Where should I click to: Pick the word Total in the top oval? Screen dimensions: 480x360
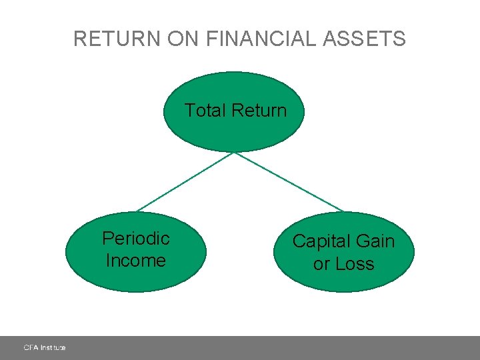click(204, 111)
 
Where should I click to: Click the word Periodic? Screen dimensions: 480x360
click(136, 239)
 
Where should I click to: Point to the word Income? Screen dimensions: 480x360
click(135, 261)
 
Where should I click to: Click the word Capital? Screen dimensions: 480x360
click(322, 241)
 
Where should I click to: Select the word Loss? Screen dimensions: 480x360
click(354, 264)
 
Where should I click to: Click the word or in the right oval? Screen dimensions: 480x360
click(321, 265)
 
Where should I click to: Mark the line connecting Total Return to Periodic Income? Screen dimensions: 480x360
click(185, 182)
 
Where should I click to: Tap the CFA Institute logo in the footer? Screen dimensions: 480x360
click(45, 347)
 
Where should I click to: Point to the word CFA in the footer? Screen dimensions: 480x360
click(31, 347)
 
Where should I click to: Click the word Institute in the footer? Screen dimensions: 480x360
click(53, 347)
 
